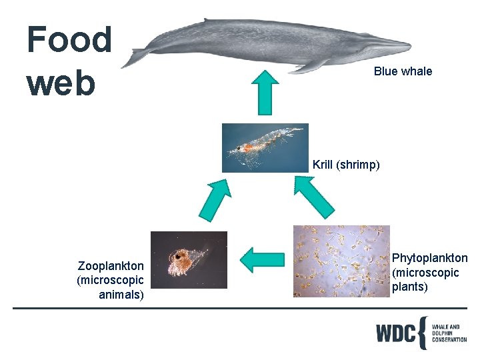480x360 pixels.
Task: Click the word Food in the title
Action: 69,39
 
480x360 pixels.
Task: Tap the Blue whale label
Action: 403,71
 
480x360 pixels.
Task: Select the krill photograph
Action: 265,148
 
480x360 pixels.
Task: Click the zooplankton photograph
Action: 189,259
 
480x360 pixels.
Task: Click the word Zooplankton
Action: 111,266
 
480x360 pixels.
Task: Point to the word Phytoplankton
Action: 429,258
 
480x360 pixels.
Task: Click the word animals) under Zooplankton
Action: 120,294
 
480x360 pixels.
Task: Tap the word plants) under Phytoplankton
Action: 409,287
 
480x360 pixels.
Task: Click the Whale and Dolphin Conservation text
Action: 449,333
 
